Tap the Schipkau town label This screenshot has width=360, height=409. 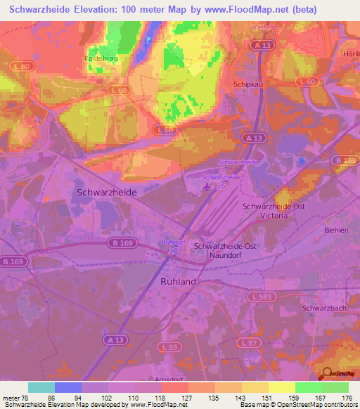pos(247,82)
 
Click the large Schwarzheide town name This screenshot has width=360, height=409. pos(105,191)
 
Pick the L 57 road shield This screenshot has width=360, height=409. pos(266,342)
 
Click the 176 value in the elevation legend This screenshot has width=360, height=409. pos(346,398)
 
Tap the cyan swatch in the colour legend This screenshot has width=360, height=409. pos(41,387)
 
